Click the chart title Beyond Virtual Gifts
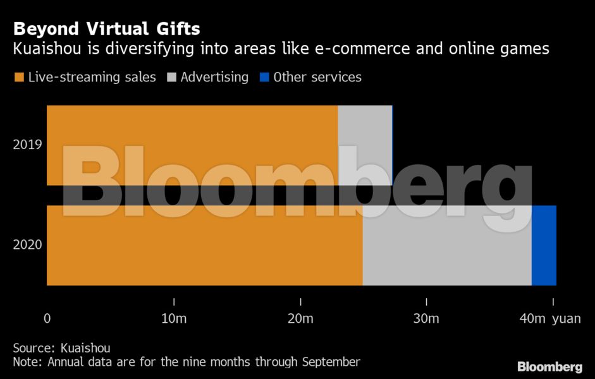(x=107, y=28)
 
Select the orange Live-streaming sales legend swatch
(x=19, y=78)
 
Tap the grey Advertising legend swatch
(x=171, y=78)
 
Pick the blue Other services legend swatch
(x=264, y=78)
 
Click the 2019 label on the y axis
(x=27, y=145)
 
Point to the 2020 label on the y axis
(x=27, y=244)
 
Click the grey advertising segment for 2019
(x=365, y=126)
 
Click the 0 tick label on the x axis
(x=47, y=319)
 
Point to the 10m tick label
(x=174, y=319)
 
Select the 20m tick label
(x=300, y=319)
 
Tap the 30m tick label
(x=426, y=319)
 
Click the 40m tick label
(x=532, y=319)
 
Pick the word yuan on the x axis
(x=566, y=319)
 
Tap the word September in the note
(x=331, y=362)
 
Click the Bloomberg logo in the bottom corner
(x=549, y=367)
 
